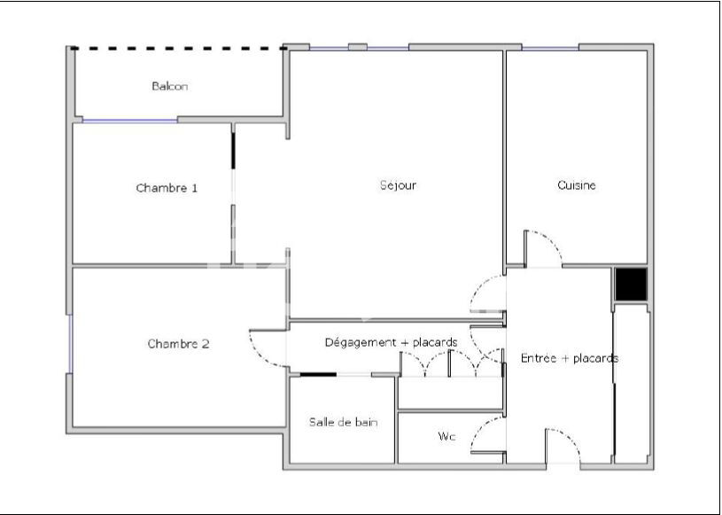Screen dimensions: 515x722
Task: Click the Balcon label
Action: click(x=169, y=87)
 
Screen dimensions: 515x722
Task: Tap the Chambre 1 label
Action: click(x=167, y=188)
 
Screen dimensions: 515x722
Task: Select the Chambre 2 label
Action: click(x=178, y=344)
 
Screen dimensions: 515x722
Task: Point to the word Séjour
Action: click(x=398, y=185)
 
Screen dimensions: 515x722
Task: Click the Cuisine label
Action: click(x=577, y=185)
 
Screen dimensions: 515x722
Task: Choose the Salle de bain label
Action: click(x=344, y=422)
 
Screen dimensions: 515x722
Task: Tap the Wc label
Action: click(x=446, y=437)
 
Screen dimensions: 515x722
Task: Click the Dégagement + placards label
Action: click(x=391, y=342)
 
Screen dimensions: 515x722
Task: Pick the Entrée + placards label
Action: click(x=570, y=358)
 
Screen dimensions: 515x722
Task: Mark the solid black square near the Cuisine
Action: click(x=632, y=284)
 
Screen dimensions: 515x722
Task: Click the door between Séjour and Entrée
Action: click(x=487, y=297)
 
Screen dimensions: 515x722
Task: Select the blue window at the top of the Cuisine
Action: click(x=550, y=48)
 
